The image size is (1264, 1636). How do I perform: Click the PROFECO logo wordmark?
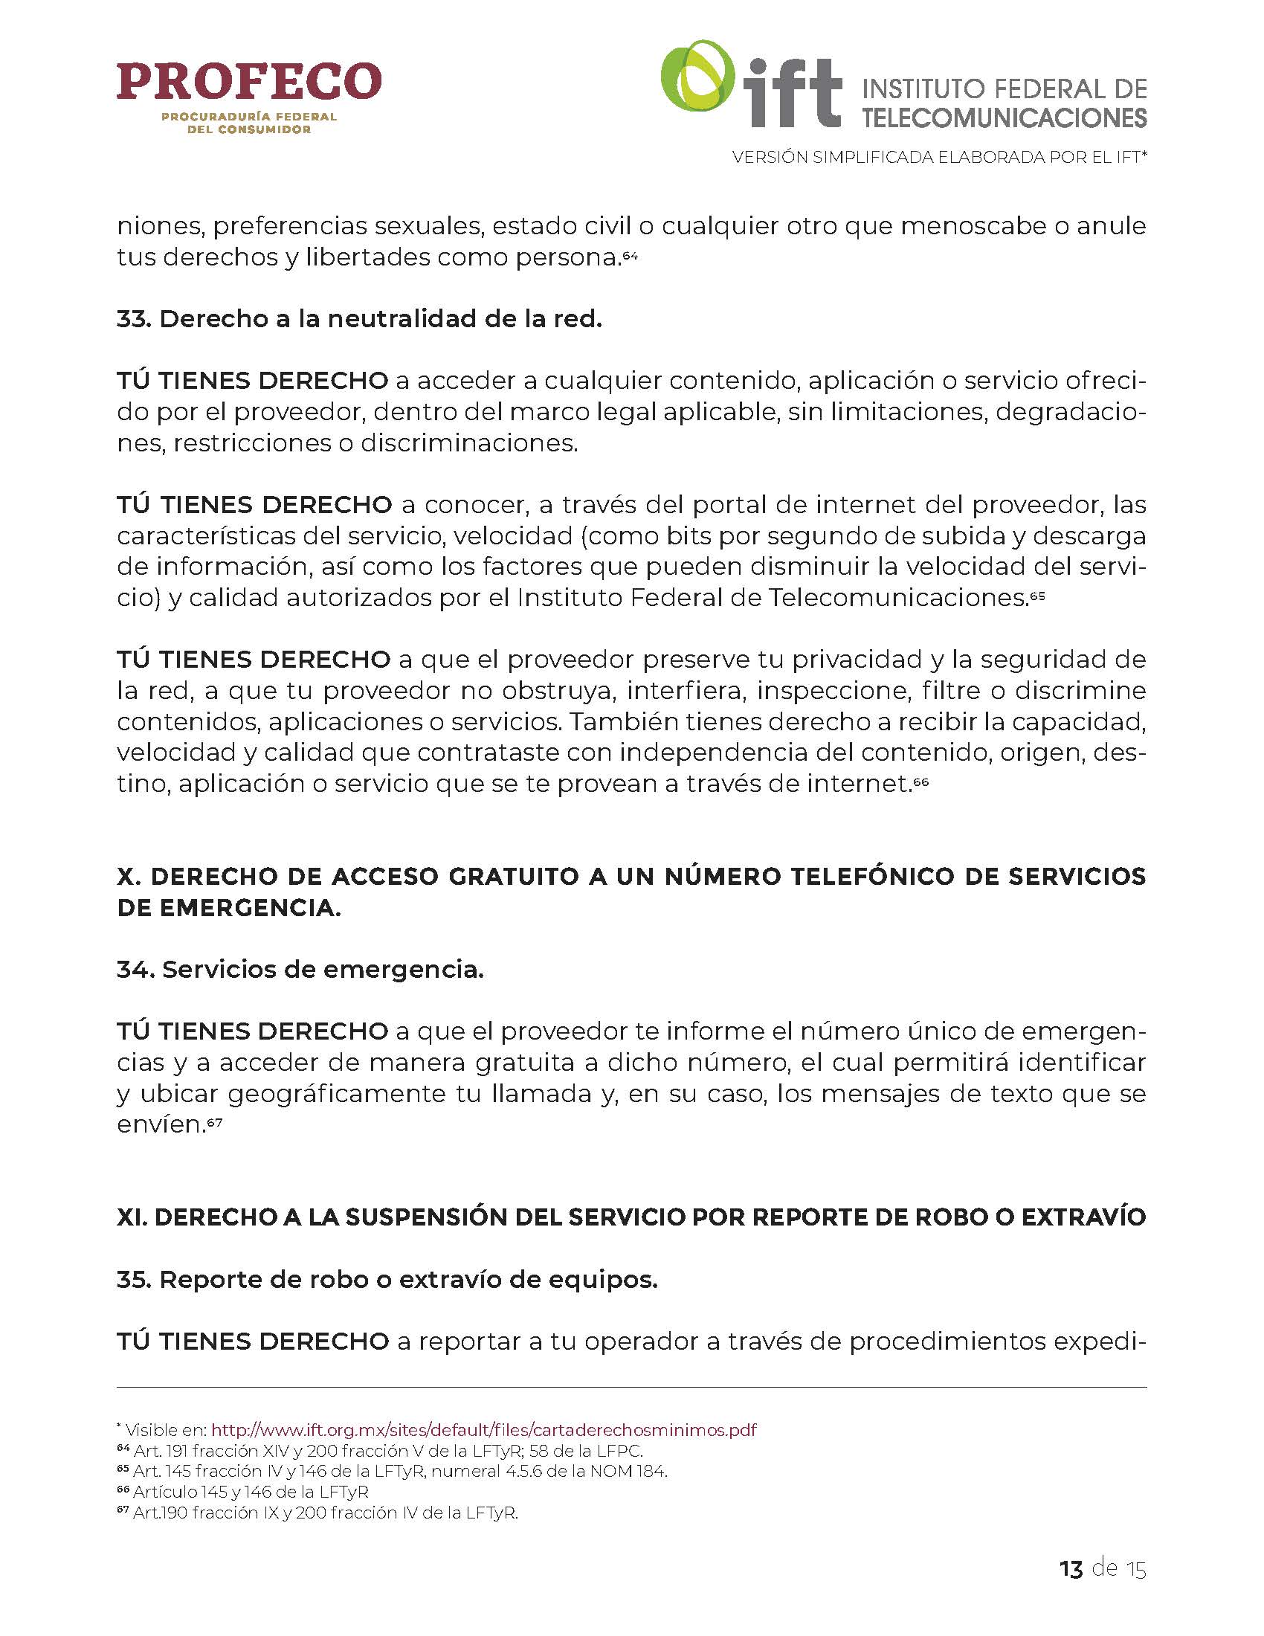[248, 82]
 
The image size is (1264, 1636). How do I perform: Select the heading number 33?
[134, 319]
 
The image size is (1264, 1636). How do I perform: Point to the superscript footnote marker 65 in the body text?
[1037, 594]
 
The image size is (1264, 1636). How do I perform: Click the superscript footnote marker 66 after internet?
[921, 780]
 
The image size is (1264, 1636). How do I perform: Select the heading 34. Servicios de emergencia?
[300, 969]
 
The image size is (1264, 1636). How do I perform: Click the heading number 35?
[134, 1280]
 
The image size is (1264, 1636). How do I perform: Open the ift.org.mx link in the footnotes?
[484, 1430]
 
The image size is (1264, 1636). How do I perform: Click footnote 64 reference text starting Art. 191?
[388, 1451]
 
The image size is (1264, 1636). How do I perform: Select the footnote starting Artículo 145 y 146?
[250, 1492]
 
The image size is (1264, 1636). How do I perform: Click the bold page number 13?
[1071, 1568]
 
